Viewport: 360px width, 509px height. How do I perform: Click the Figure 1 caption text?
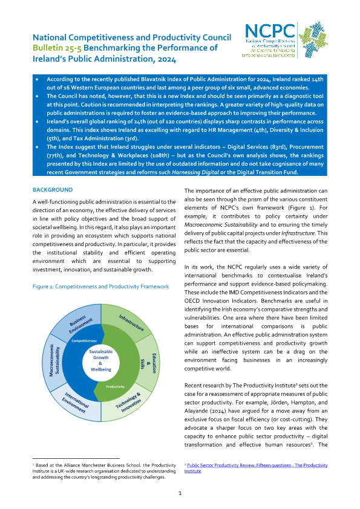coord(100,286)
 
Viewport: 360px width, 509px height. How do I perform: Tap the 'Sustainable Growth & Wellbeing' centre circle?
coord(100,360)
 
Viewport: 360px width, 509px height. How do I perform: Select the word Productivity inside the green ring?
coord(115,386)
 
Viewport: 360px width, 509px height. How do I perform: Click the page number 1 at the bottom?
coord(180,493)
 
